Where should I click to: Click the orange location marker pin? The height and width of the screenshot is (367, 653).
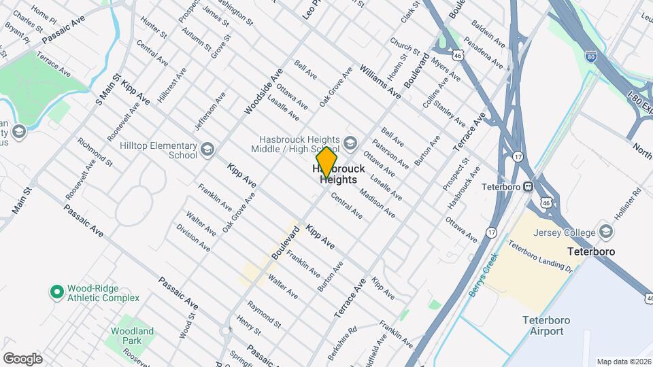(x=327, y=162)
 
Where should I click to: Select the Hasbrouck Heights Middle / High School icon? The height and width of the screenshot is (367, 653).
(x=350, y=142)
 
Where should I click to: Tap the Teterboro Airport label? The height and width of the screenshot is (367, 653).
(x=543, y=326)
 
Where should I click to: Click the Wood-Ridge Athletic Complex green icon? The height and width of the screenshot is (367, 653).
(x=58, y=292)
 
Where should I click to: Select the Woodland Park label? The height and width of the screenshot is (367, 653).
(x=133, y=336)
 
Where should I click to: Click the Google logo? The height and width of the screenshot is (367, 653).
(x=22, y=358)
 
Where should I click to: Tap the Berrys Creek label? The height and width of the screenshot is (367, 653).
(x=484, y=275)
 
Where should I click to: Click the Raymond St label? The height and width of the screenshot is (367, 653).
(x=264, y=312)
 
